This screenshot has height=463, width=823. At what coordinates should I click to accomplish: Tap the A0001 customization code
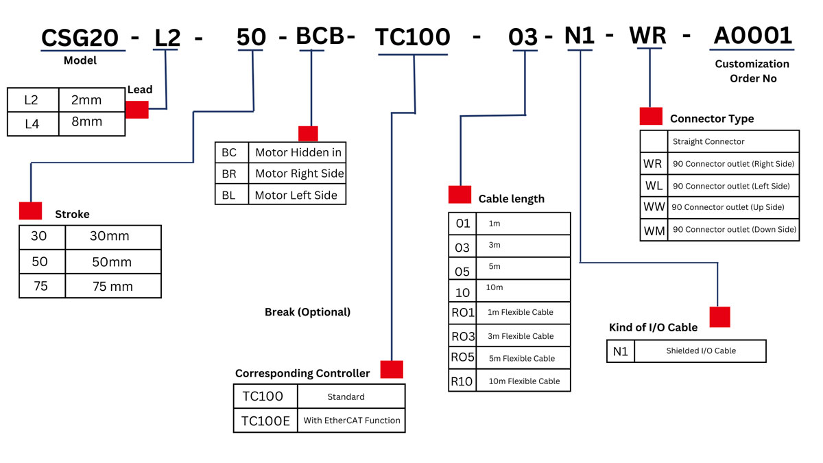752,36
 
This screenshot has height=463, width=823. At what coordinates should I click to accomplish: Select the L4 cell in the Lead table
32,122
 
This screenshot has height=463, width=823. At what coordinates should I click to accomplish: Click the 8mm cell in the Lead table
86,122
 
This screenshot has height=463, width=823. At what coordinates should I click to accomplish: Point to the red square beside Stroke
30,211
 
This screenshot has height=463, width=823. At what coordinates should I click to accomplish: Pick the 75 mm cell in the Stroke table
112,286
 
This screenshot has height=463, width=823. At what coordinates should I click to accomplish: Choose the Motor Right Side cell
299,174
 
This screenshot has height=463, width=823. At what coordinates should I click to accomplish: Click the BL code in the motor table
228,195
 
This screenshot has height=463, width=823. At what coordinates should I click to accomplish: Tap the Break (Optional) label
307,312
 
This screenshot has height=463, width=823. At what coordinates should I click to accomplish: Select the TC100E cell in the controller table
265,420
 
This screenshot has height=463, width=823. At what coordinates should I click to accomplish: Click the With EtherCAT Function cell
352,420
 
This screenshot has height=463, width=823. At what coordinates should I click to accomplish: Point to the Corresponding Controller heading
302,374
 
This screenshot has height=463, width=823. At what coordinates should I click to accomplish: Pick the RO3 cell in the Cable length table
462,336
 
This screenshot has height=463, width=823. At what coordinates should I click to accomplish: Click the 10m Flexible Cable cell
524,381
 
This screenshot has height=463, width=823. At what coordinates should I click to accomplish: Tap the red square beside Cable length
460,195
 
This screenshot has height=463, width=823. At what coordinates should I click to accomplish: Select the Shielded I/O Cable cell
700,351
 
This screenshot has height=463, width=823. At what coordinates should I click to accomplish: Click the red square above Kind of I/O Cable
719,317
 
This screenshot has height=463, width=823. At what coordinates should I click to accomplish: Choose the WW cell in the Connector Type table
654,207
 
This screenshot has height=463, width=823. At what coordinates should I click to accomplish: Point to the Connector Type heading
712,119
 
